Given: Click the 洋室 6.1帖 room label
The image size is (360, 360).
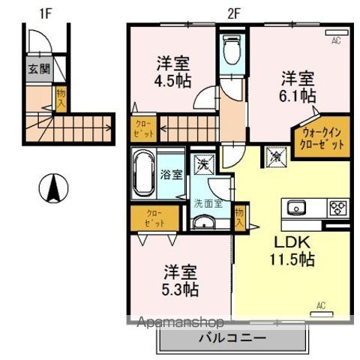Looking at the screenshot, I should (298, 86).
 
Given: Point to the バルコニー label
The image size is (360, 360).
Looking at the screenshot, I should (232, 338).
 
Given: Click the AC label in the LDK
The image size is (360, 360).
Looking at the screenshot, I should (320, 305).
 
